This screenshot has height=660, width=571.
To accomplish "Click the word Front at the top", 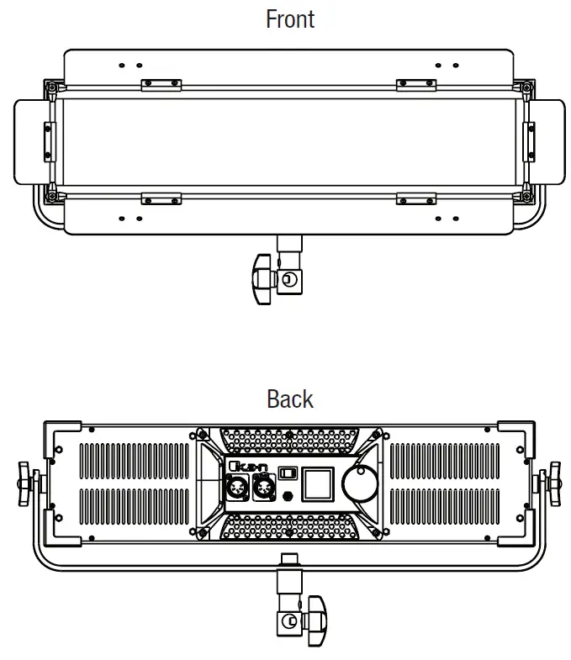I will [x=290, y=18].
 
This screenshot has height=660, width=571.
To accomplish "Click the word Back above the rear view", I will [x=290, y=399].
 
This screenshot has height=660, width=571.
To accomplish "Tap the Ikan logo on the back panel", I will [x=245, y=466].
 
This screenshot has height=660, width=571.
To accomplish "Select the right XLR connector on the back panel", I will [x=264, y=488].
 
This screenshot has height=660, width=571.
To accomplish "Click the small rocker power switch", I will [x=288, y=473].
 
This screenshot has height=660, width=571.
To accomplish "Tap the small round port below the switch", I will [x=288, y=494].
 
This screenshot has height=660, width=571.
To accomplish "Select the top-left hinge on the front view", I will [x=161, y=84].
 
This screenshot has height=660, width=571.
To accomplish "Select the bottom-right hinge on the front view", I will [x=416, y=198].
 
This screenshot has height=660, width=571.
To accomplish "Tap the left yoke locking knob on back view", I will [x=26, y=483].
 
